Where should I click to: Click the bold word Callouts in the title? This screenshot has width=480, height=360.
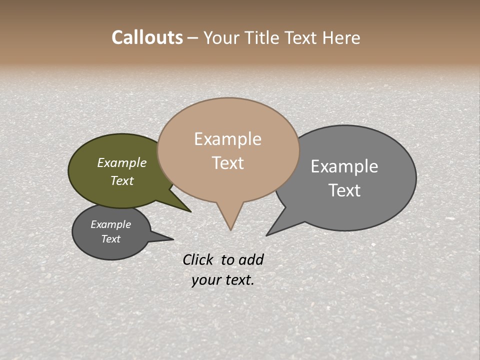[x=147, y=37]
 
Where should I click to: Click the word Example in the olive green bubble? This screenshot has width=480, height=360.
[x=122, y=162]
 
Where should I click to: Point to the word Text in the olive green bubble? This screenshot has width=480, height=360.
[x=122, y=180]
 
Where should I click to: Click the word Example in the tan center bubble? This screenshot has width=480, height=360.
[x=227, y=139]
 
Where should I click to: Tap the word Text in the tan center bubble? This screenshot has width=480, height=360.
[x=227, y=163]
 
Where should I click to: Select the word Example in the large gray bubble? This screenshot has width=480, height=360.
[x=344, y=166]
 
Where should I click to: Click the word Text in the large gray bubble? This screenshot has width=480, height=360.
[x=344, y=190]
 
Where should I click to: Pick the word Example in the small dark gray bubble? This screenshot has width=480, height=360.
[x=110, y=224]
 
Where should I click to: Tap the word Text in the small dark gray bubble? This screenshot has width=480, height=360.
[x=110, y=239]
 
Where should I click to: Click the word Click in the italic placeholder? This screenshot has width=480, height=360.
[x=198, y=259]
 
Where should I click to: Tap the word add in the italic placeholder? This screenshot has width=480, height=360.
[x=251, y=259]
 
